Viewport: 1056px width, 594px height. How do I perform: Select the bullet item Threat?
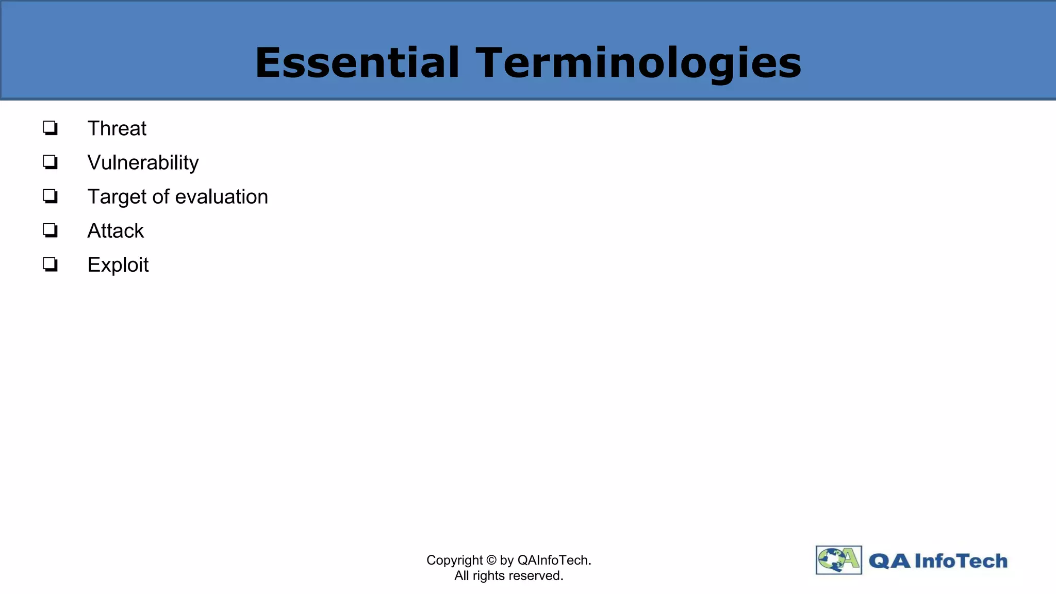(117, 128)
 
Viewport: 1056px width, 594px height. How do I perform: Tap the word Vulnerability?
(143, 163)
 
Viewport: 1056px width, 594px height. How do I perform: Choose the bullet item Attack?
(115, 231)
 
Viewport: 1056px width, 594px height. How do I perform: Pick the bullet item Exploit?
(118, 265)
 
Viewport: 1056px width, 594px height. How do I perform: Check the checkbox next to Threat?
(50, 127)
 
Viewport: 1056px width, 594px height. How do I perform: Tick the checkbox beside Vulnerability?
(50, 162)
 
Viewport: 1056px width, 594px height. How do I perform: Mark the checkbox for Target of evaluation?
(50, 196)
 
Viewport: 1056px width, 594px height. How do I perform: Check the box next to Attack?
(50, 230)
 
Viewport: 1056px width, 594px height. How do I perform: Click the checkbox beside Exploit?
(50, 265)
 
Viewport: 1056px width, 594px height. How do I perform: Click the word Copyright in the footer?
(454, 560)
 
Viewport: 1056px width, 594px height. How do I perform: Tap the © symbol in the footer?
(491, 560)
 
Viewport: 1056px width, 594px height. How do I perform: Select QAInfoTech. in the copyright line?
(554, 560)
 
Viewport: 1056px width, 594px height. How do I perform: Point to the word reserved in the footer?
(536, 576)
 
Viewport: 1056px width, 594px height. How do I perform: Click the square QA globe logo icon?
(838, 560)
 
